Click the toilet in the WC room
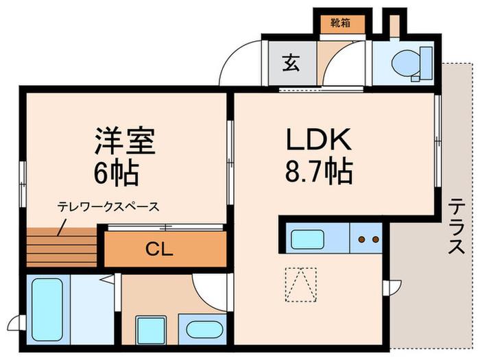[412, 64]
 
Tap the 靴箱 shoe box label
[340, 23]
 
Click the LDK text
[318, 140]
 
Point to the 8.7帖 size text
[319, 171]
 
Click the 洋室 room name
[125, 141]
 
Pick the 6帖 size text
[117, 172]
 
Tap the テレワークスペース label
[108, 207]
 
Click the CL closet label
[159, 249]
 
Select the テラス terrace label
[457, 226]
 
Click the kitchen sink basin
[307, 239]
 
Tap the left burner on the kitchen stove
[362, 239]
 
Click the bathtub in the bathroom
[47, 309]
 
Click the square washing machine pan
[151, 331]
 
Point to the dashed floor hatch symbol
[301, 285]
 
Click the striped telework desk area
[62, 248]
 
